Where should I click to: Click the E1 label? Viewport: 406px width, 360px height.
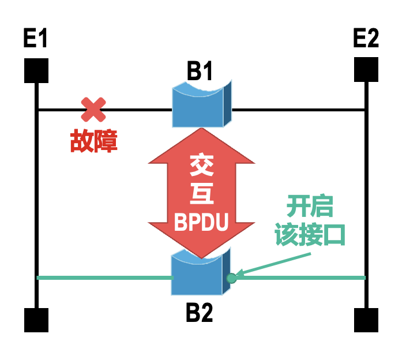point(35,39)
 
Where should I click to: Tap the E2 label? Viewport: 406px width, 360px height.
point(366,39)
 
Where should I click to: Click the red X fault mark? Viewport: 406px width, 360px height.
point(93,109)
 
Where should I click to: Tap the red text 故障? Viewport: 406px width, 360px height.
point(94,140)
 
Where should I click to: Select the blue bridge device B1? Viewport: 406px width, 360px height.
point(202,105)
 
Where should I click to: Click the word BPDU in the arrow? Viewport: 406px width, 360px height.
point(201,222)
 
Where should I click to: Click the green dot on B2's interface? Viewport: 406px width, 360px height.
point(231,278)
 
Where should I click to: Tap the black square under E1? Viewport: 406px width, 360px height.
point(36,70)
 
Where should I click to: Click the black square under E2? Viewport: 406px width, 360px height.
point(366,70)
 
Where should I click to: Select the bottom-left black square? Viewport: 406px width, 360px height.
point(36,321)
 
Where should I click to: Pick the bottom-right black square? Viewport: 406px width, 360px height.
point(366,321)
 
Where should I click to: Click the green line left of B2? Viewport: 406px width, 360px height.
point(104,278)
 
